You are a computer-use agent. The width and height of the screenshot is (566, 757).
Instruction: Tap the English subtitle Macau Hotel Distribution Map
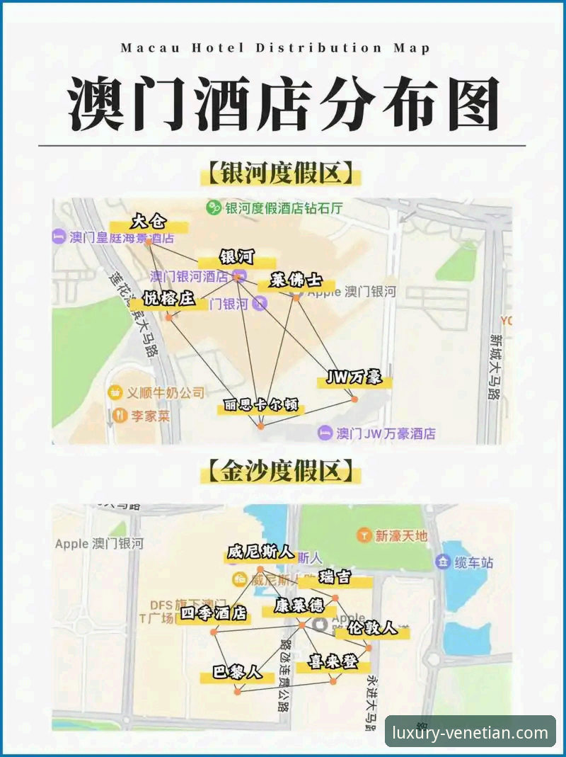(x=275, y=48)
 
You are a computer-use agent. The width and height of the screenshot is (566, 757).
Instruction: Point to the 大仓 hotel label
(x=149, y=222)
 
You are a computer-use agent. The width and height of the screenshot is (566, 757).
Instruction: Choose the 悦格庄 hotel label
(x=168, y=299)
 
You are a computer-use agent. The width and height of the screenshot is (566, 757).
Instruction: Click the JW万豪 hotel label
(x=354, y=377)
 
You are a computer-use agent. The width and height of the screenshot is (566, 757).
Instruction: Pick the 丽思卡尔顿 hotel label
(x=260, y=406)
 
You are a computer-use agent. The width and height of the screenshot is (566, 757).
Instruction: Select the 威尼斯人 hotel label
(x=260, y=552)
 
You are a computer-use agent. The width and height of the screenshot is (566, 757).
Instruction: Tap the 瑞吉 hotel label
(x=335, y=577)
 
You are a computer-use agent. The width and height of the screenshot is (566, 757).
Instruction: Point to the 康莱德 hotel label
(x=299, y=606)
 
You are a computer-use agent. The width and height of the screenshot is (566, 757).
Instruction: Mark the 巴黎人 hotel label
(x=237, y=672)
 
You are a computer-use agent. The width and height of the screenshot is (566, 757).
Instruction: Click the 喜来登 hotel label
(x=333, y=663)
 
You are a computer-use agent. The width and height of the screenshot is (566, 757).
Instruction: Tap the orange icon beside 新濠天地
(x=364, y=535)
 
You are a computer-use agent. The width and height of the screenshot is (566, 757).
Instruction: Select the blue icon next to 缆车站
(x=444, y=563)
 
